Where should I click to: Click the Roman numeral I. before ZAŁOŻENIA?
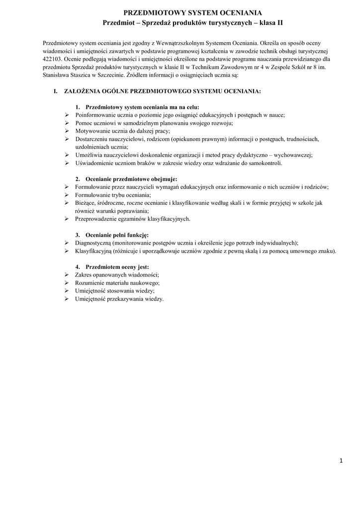pyautogui.click(x=56, y=92)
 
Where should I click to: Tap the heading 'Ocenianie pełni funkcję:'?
pyautogui.click(x=117, y=235)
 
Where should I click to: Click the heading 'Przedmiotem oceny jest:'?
pyautogui.click(x=117, y=266)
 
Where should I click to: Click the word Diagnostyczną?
pyautogui.click(x=93, y=243)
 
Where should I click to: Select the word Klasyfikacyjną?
pyautogui.click(x=93, y=251)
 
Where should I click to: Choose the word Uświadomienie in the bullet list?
pyautogui.click(x=94, y=163)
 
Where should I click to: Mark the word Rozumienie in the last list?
pyautogui.click(x=89, y=283)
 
